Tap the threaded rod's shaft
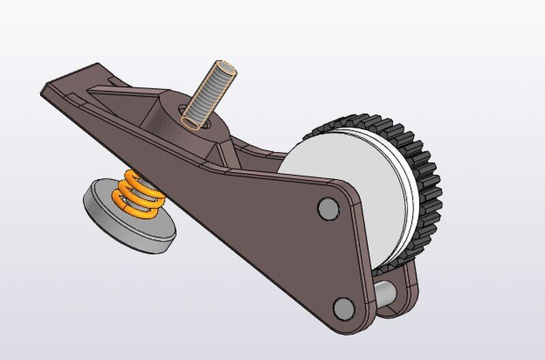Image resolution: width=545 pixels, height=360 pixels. [208, 95]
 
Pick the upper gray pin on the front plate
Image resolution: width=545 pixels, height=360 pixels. [328, 208]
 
